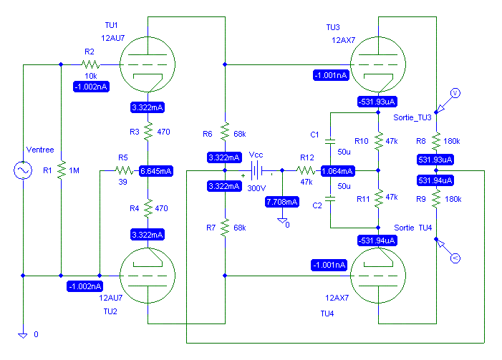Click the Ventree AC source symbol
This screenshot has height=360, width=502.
[x=23, y=170]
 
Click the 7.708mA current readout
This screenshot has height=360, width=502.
[x=282, y=202]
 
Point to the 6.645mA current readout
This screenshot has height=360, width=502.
[x=156, y=171]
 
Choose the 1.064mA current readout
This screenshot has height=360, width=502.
[x=337, y=171]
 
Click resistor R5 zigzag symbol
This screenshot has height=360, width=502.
[x=124, y=170]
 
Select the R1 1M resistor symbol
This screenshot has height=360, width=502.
[x=61, y=170]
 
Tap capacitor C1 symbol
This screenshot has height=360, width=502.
[x=330, y=141]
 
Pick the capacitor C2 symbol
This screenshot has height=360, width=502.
[x=330, y=199]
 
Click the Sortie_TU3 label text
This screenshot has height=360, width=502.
[x=412, y=118]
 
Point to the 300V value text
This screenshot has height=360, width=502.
[x=256, y=188]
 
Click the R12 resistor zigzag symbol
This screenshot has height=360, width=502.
[x=306, y=170]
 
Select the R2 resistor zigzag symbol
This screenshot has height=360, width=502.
[x=91, y=64]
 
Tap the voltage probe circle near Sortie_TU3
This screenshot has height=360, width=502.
[x=455, y=93]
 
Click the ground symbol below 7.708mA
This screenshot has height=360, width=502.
[x=282, y=221]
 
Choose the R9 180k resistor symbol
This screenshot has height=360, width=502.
[x=436, y=199]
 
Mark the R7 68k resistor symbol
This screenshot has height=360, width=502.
[x=225, y=228]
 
